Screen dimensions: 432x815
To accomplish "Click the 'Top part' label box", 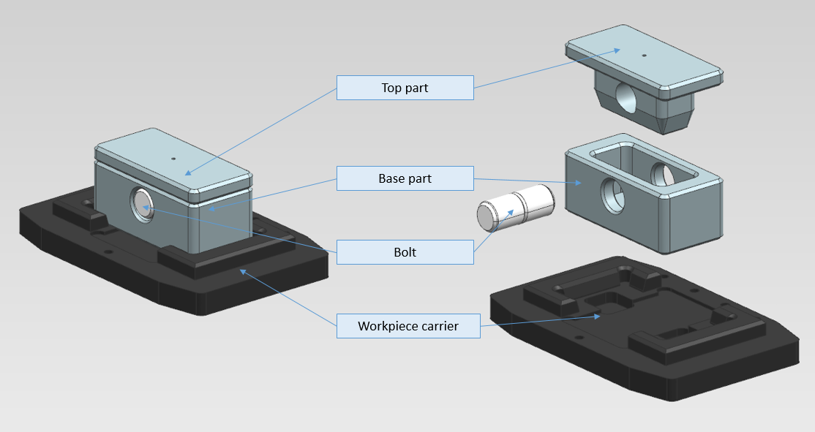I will pyautogui.click(x=405, y=88).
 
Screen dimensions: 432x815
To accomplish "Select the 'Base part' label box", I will pyautogui.click(x=405, y=178).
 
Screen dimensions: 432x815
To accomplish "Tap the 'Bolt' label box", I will pyautogui.click(x=405, y=252).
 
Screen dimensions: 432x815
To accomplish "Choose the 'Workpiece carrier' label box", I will pyautogui.click(x=407, y=326).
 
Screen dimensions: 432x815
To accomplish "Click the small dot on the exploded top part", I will pyautogui.click(x=644, y=55).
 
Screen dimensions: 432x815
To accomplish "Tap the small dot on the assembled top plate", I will pyautogui.click(x=173, y=158).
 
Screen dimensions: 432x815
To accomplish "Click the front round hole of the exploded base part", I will pyautogui.click(x=612, y=194).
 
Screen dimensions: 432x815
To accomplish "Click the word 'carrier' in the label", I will pyautogui.click(x=435, y=326).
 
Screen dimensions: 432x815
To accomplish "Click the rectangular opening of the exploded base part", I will pyautogui.click(x=644, y=164).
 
